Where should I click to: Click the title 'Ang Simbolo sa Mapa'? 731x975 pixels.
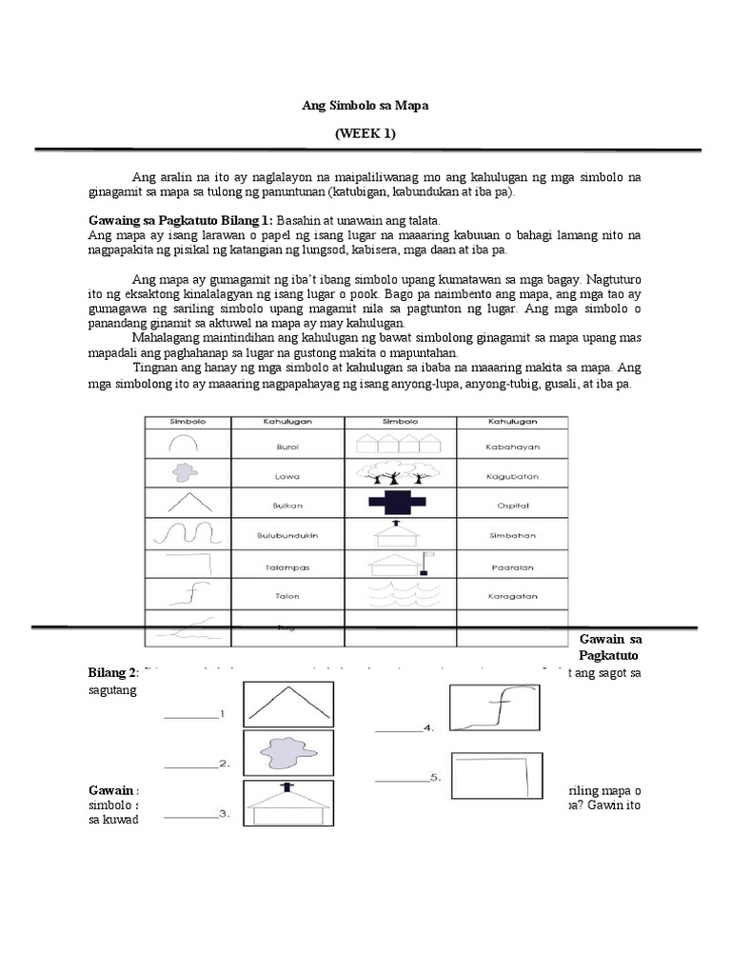click(365, 106)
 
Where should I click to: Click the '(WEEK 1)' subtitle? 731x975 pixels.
click(365, 133)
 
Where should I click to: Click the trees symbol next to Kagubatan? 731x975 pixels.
click(401, 473)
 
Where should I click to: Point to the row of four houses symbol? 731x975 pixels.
click(401, 443)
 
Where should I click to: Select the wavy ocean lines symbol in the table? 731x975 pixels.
click(401, 597)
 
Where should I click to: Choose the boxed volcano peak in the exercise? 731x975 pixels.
click(289, 704)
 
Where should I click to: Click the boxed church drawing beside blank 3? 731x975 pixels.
click(289, 804)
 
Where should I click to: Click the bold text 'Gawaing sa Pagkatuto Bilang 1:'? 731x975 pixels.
click(181, 219)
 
